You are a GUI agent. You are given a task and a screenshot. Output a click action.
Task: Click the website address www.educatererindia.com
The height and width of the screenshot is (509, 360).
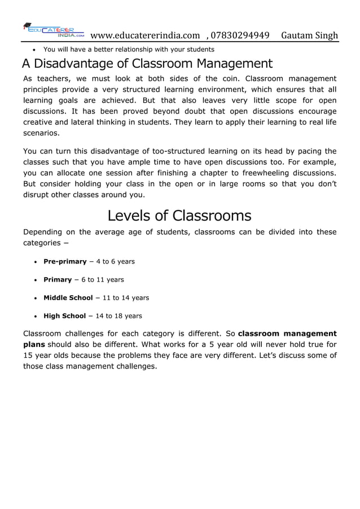[145, 36]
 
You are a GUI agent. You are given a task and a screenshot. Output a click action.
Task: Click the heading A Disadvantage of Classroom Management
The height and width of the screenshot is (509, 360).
[147, 64]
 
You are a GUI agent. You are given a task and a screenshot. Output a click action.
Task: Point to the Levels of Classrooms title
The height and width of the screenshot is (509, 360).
[179, 216]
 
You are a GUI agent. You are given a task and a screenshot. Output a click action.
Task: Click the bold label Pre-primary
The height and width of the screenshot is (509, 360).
[65, 261]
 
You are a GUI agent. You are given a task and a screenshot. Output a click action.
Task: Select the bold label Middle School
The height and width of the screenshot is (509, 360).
[68, 297]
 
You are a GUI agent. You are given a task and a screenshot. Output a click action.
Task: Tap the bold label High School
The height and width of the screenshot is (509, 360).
[64, 315]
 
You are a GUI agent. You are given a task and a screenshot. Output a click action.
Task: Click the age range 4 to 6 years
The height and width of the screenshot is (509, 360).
[116, 261]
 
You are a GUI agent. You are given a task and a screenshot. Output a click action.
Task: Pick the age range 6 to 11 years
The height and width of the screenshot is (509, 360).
[103, 279]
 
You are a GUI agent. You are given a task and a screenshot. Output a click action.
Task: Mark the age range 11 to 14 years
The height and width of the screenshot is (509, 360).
[125, 297]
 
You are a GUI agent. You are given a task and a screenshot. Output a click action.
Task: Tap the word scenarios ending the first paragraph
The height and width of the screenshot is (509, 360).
[40, 134]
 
